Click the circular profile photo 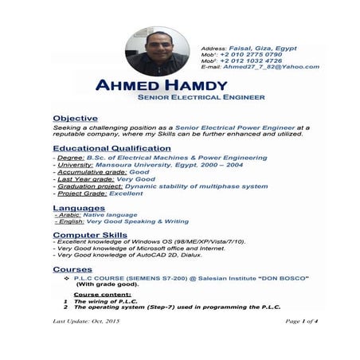click(156, 53)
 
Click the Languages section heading click(78, 207)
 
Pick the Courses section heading click(72, 269)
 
